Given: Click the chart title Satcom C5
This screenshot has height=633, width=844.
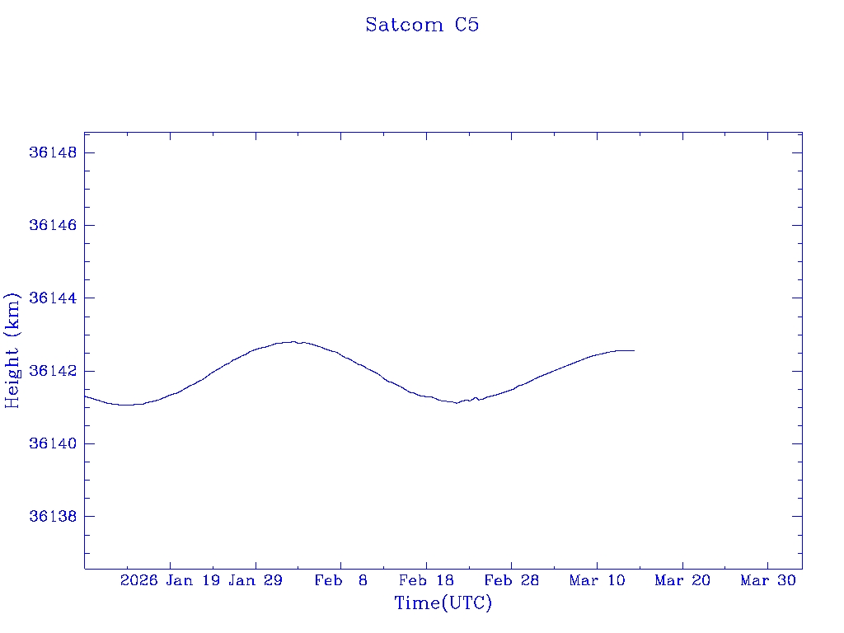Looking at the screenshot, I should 422,25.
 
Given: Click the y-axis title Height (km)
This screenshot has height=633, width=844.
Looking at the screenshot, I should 12,349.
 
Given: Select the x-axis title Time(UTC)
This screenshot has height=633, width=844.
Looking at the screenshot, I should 443,603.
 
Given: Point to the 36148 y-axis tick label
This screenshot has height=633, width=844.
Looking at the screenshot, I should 54,153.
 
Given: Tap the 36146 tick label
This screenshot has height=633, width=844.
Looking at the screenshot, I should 54,226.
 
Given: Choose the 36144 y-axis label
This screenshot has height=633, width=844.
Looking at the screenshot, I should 54,298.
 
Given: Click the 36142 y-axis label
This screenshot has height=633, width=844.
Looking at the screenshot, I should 54,371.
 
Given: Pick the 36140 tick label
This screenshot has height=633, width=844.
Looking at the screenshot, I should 54,443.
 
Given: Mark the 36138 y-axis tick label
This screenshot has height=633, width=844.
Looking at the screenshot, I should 54,517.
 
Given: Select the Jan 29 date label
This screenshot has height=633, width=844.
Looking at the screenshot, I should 256,581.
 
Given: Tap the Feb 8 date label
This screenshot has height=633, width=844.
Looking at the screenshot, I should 340,581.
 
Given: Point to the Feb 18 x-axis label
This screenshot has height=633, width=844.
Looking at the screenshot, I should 426,581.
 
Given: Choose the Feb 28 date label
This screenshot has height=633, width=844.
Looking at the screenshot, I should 512,581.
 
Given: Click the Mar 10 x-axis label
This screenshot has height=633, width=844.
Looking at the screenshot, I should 598,581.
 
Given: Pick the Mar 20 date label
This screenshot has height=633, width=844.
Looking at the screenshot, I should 682,581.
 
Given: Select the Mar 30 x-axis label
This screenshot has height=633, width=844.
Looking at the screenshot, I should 768,581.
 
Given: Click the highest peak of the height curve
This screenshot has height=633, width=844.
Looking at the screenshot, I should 293,341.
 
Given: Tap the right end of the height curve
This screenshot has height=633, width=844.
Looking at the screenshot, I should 634,350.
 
